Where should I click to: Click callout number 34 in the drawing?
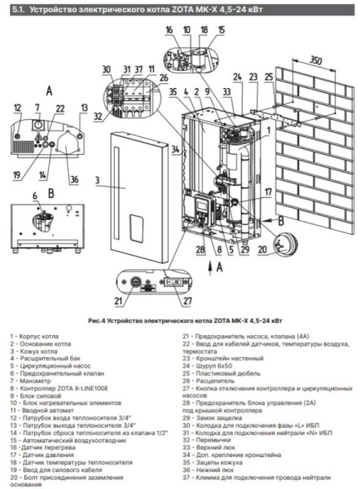(173, 149)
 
